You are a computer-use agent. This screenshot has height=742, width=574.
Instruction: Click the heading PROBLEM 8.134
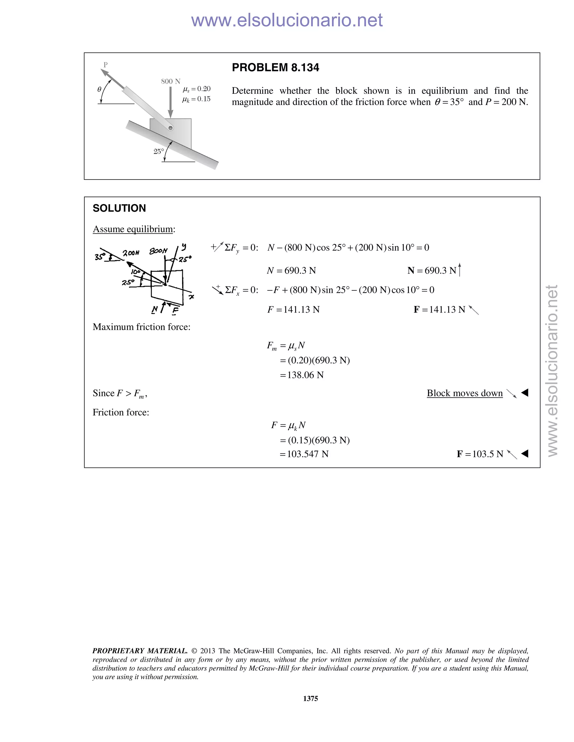click(x=275, y=67)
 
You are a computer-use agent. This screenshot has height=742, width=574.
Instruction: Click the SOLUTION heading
click(x=119, y=208)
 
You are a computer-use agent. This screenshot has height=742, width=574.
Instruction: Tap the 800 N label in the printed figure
click(x=170, y=81)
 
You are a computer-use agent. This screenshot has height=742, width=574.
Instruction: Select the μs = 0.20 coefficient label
click(x=196, y=89)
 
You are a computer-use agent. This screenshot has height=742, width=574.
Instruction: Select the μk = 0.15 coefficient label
click(x=196, y=99)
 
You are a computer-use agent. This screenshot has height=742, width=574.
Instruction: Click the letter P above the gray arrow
click(x=105, y=65)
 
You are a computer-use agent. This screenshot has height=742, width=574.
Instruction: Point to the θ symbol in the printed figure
click(x=99, y=89)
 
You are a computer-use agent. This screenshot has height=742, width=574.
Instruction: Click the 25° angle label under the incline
click(x=158, y=151)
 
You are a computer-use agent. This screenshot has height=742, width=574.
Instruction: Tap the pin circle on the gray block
click(x=171, y=128)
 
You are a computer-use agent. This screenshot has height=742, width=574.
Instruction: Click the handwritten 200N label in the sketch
click(x=131, y=253)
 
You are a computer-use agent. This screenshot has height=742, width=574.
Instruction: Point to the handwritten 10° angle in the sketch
click(x=135, y=272)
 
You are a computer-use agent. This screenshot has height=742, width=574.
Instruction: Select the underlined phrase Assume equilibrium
click(x=133, y=229)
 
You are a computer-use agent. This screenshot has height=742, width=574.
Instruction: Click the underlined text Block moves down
click(x=464, y=393)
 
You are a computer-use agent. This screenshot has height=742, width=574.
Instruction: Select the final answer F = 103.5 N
click(x=480, y=454)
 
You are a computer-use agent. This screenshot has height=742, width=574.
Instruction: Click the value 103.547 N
click(x=307, y=454)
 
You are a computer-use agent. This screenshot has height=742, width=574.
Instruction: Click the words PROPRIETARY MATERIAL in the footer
click(x=140, y=651)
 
